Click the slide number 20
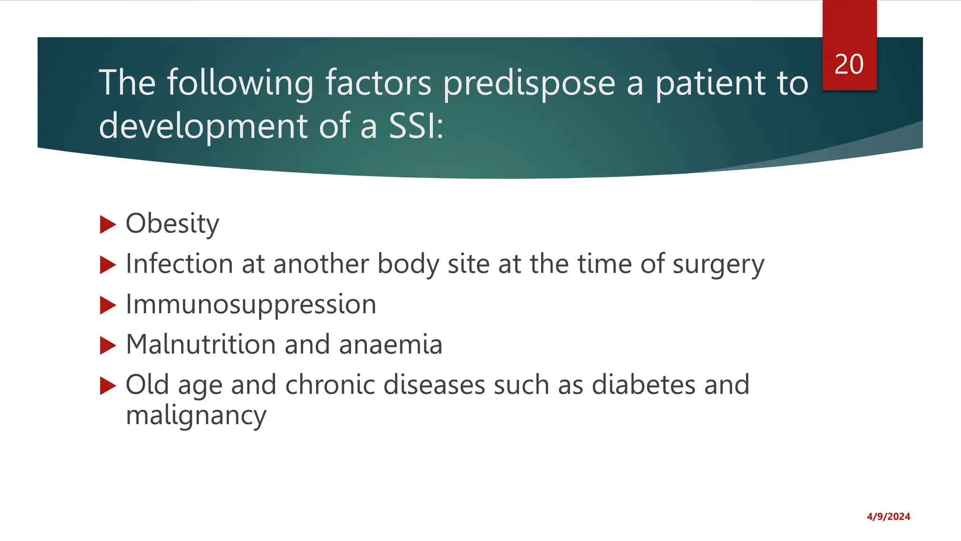[849, 64]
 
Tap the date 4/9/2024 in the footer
[888, 517]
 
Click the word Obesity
[172, 224]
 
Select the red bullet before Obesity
[107, 224]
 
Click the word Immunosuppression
[251, 305]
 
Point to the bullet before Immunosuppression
[107, 306]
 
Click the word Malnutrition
[200, 345]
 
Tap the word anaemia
[390, 345]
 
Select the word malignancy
[196, 416]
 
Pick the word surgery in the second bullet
[718, 264]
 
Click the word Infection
[179, 264]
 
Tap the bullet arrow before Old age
[107, 386]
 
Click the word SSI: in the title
[416, 126]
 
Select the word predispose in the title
[529, 83]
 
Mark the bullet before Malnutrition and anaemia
[107, 346]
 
